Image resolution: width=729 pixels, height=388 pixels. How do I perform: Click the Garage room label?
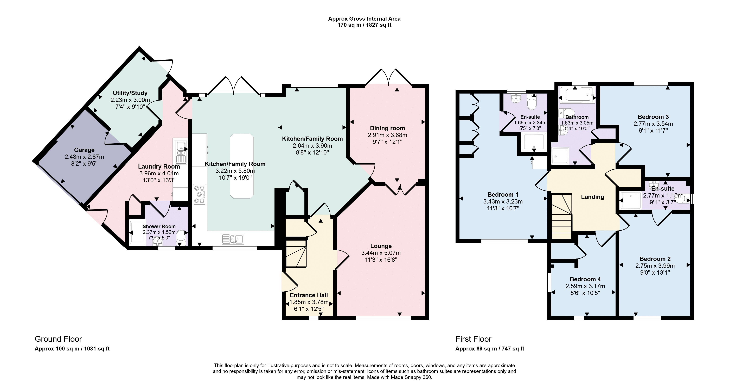coord(84,150)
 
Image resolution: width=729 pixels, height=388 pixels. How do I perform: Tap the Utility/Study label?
coord(130,93)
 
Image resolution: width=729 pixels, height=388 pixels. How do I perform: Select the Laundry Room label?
coord(159,167)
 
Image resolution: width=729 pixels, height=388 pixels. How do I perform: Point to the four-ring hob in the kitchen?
coord(200,195)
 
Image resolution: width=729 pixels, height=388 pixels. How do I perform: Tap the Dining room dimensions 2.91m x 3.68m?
coord(387,135)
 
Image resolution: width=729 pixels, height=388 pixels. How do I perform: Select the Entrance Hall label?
coord(309,295)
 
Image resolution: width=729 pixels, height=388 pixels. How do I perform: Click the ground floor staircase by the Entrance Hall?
coord(296,254)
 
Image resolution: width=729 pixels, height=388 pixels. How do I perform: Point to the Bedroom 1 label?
coord(503,195)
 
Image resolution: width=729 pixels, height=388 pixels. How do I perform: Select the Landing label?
coord(593,197)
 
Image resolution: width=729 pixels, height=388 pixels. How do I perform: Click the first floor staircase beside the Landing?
coord(561,216)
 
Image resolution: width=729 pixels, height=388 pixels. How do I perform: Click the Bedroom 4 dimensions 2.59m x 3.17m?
coord(585,286)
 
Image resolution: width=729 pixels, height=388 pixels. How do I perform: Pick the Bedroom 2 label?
coord(655,258)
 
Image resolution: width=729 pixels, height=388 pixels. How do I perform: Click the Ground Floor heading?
coord(58,339)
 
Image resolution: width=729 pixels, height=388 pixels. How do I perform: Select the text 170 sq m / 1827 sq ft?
coord(364,25)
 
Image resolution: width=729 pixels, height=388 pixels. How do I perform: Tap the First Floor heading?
coord(474,339)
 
